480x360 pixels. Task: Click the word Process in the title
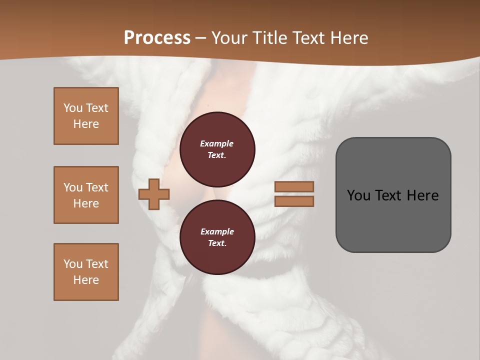click(157, 38)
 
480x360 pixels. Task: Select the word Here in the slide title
click(347, 38)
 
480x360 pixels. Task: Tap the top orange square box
click(86, 116)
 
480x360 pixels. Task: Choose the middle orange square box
click(86, 195)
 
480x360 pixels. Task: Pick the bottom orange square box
click(86, 272)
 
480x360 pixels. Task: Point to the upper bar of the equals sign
click(294, 186)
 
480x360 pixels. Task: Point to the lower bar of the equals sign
click(294, 201)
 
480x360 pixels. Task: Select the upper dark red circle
click(217, 149)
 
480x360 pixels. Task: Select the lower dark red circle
click(217, 237)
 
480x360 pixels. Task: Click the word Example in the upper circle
click(217, 143)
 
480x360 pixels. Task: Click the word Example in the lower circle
click(217, 231)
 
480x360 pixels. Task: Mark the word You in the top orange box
click(73, 108)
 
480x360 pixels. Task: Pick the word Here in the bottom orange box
click(86, 280)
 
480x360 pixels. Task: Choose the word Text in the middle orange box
click(97, 187)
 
